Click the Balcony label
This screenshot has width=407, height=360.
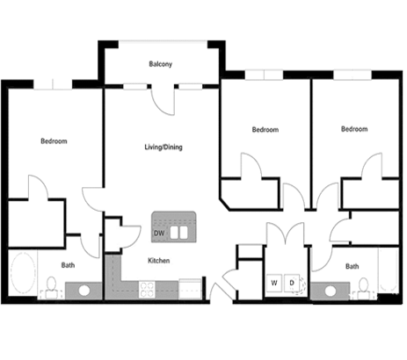pos(159,63)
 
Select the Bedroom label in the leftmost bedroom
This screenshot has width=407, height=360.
pos(54,140)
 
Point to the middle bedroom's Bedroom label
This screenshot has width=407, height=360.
pos(265,129)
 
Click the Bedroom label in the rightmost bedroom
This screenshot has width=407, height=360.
pos(353,129)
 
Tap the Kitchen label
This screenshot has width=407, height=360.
pos(158,261)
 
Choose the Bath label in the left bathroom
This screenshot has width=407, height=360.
pos(68,265)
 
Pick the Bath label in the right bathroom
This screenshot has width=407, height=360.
pos(352,266)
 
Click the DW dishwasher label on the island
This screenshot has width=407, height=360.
pos(159,234)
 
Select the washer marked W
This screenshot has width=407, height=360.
pos(274,284)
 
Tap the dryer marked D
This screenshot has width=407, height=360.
pos(292,284)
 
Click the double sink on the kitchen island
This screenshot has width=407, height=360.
pos(179,234)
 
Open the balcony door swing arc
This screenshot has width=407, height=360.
pos(164,102)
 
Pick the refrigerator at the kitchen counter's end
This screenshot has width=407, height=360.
pos(191,288)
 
